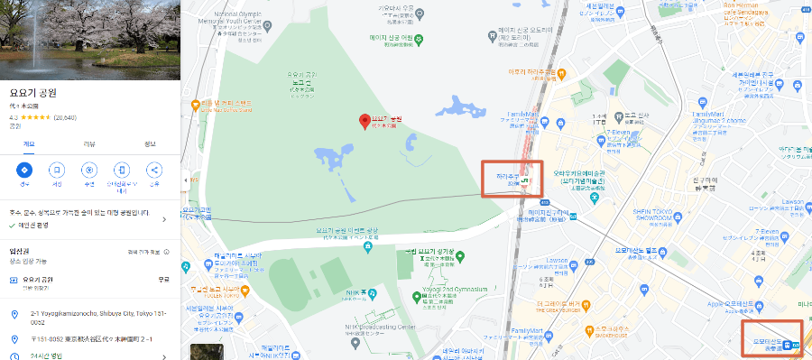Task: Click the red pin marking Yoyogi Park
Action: tap(364, 121)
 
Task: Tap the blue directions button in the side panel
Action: tap(24, 170)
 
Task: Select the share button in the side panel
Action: tap(153, 170)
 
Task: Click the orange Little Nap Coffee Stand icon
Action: tap(193, 105)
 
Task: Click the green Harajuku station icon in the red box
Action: tap(533, 180)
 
